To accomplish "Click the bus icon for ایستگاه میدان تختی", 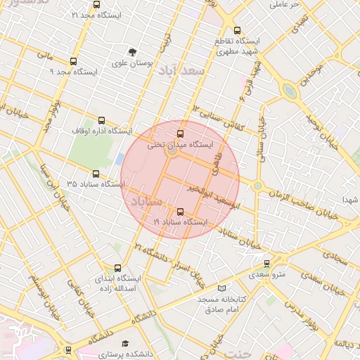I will pyautogui.click(x=181, y=133).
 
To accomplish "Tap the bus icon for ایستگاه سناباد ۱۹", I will pyautogui.click(x=181, y=211).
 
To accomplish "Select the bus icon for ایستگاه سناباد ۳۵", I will pyautogui.click(x=96, y=173).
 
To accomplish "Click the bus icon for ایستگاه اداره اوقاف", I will pyautogui.click(x=102, y=120).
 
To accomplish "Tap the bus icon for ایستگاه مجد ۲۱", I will pyautogui.click(x=75, y=14).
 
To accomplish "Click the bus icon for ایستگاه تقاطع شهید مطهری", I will pyautogui.click(x=237, y=30).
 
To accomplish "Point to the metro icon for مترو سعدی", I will pyautogui.click(x=266, y=264).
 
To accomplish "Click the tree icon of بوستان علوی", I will pyautogui.click(x=131, y=51).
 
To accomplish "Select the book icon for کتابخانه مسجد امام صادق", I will pyautogui.click(x=222, y=288).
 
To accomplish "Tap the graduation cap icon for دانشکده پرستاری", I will pyautogui.click(x=125, y=344).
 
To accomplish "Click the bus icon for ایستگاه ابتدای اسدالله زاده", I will pyautogui.click(x=117, y=267).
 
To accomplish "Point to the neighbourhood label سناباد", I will pyautogui.click(x=145, y=202).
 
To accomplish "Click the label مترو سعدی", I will pyautogui.click(x=269, y=274).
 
